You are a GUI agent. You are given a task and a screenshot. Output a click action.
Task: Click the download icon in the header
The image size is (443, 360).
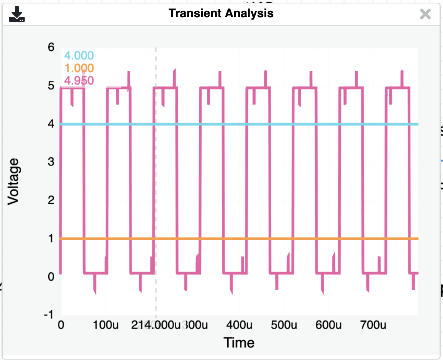(x=17, y=14)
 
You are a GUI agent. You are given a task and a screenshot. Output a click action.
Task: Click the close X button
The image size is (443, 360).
(x=425, y=14)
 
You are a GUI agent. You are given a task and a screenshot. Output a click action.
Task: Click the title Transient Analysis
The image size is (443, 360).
(x=221, y=13)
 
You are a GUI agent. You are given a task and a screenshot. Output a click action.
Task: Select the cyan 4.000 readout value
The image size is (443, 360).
(x=79, y=56)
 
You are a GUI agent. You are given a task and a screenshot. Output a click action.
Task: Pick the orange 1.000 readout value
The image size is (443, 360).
(x=79, y=68)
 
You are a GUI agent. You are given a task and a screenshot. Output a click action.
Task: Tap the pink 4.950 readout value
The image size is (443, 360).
(x=79, y=80)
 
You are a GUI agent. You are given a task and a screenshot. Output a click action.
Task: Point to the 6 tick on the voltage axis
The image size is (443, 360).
(x=51, y=47)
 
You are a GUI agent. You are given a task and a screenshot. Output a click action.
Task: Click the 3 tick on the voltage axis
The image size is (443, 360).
(x=51, y=162)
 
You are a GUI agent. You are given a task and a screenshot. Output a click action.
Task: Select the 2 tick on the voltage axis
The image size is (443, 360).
(x=51, y=200)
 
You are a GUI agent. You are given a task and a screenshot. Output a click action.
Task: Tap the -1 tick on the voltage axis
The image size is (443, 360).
(x=49, y=315)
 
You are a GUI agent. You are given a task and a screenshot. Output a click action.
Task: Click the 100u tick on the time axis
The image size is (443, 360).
(x=106, y=326)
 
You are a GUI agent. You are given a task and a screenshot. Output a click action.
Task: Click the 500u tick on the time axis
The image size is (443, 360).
(x=284, y=326)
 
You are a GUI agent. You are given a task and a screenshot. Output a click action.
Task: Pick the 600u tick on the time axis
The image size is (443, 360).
(x=329, y=326)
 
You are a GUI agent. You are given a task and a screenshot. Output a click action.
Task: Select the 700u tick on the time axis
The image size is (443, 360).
(x=373, y=326)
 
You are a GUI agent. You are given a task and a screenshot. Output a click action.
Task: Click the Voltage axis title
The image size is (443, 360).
(x=14, y=181)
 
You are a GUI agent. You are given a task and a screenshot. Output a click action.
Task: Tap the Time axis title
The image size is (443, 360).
(x=239, y=342)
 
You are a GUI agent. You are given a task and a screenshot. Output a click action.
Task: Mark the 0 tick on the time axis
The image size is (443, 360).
(x=61, y=326)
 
